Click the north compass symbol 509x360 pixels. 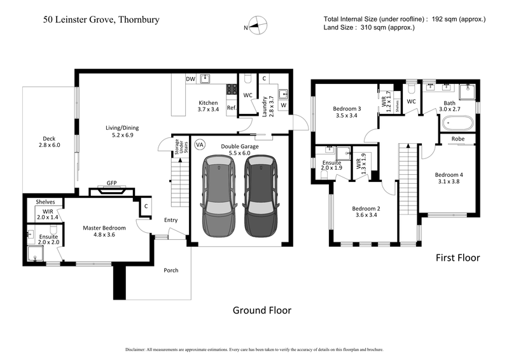(x=256, y=27)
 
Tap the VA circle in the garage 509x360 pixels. (x=199, y=145)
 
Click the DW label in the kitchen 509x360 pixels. (x=190, y=79)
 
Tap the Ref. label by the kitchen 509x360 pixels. (x=232, y=108)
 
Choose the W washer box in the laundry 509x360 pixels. (x=283, y=106)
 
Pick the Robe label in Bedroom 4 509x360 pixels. (x=457, y=139)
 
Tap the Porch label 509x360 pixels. (x=171, y=270)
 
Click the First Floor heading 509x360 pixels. (x=457, y=258)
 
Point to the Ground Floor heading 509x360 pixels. (x=261, y=310)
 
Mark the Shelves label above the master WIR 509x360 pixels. (x=45, y=202)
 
